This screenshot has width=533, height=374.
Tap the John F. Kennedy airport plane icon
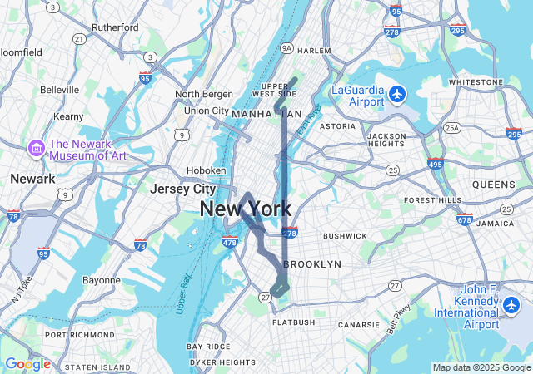click(x=512, y=305)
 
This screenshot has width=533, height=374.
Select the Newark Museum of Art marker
click(x=37, y=149)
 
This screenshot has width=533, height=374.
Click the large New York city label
click(x=246, y=209)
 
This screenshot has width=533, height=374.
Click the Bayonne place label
click(x=102, y=280)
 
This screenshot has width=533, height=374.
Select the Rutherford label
click(x=115, y=27)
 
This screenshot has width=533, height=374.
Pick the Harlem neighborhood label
click(x=314, y=51)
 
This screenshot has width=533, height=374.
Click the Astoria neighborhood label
click(x=337, y=126)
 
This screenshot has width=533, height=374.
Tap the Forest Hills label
click(x=432, y=200)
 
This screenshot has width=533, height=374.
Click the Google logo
click(x=27, y=363)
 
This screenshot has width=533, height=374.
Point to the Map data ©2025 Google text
click(x=481, y=367)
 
